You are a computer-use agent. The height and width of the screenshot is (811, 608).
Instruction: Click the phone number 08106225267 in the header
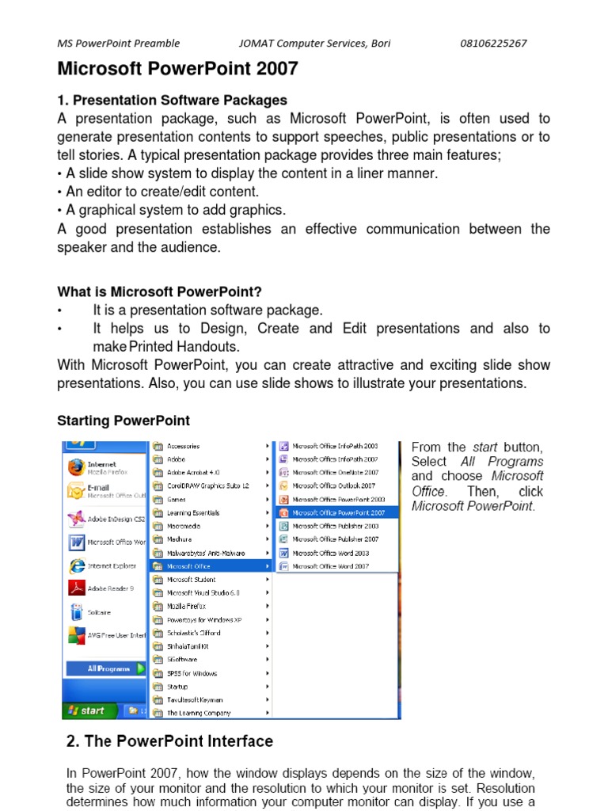pos(493,44)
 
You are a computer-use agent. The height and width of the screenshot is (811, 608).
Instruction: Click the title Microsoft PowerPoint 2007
pos(177,69)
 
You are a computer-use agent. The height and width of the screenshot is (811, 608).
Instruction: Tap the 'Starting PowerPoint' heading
pos(123,420)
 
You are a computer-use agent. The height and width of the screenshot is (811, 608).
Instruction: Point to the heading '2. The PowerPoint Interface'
pos(169,741)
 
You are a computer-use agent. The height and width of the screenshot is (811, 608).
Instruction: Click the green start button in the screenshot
pos(86,710)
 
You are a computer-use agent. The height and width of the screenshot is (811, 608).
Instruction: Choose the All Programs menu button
pos(108,668)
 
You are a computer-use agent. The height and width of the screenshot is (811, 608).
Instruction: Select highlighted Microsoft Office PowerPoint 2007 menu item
pos(338,512)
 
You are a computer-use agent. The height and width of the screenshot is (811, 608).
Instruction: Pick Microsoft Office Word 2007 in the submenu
pos(330,566)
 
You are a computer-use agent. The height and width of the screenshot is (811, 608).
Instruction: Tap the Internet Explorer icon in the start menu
pos(78,566)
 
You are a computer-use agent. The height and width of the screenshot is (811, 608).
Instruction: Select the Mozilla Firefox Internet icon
pos(77,467)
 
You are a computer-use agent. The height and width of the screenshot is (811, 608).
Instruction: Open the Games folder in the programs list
pos(177,500)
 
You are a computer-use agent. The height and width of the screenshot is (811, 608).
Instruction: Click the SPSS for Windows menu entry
pos(192,673)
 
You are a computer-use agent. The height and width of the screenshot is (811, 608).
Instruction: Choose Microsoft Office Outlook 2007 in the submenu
pos(333,485)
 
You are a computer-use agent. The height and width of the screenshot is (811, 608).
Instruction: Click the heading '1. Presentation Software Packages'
pos(172,100)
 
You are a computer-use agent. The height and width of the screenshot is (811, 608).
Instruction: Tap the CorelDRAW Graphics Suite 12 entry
pos(207,485)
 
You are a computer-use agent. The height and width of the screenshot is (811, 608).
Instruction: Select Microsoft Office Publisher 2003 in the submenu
pos(335,526)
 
